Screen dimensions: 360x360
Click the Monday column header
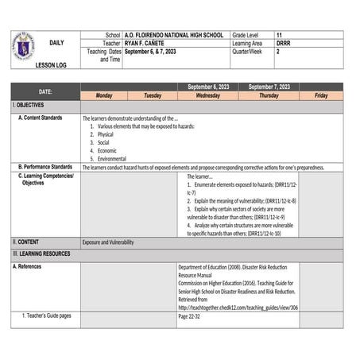click(x=104, y=95)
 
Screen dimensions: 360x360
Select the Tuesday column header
click(x=152, y=95)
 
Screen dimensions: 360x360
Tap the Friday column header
click(x=320, y=95)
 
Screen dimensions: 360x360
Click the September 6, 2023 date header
click(x=208, y=87)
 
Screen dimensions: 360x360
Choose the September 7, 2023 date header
click(x=269, y=87)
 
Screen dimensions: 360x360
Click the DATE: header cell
click(x=45, y=91)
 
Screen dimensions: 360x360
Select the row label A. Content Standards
click(x=46, y=118)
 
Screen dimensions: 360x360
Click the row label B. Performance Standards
click(x=46, y=167)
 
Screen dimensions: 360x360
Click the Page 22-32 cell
click(x=189, y=315)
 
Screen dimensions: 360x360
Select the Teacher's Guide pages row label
click(x=48, y=315)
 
